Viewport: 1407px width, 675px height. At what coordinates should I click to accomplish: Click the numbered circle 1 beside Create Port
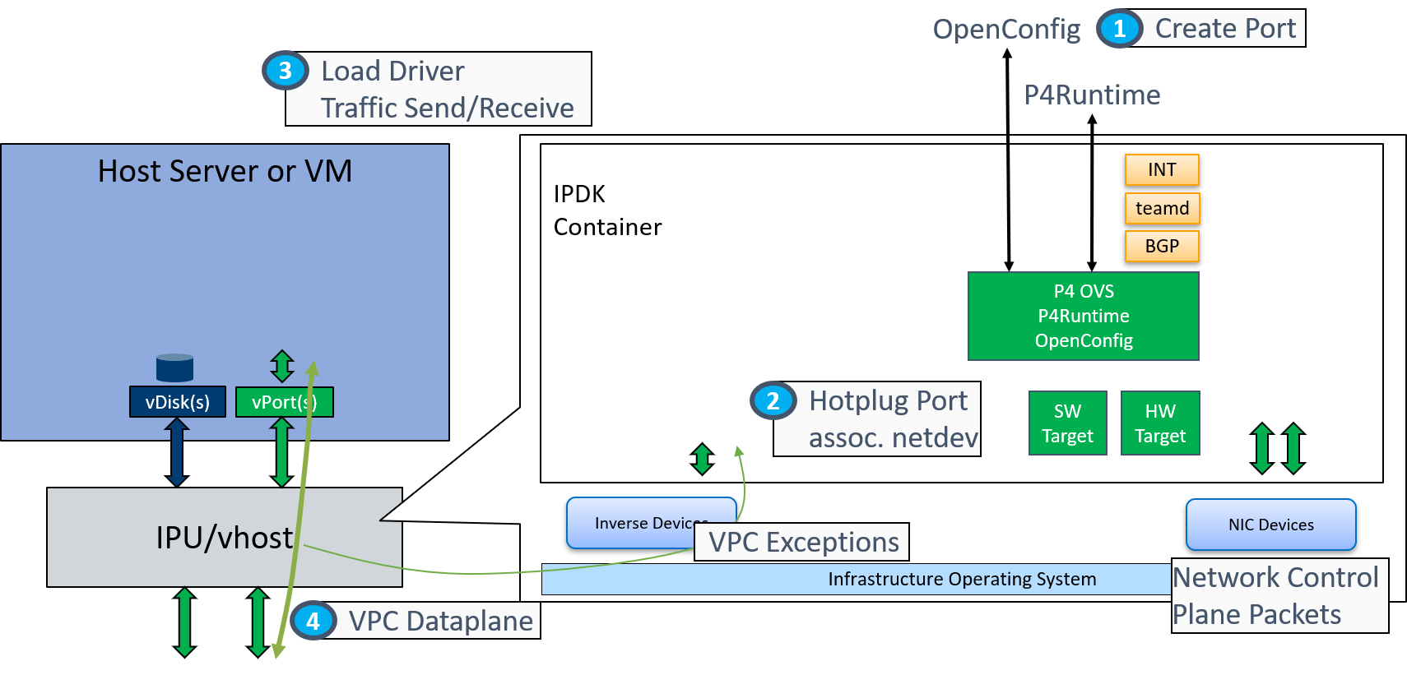1119,29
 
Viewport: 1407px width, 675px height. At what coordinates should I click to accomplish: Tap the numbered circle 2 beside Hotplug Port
773,400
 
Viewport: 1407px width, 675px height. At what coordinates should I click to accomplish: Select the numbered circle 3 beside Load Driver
285,71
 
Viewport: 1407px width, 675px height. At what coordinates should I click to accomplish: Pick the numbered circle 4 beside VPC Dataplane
313,621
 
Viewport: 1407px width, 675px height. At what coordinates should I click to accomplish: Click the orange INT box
1162,169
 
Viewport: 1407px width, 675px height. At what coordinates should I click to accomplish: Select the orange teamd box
1162,208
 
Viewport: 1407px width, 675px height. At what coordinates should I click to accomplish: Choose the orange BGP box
1162,246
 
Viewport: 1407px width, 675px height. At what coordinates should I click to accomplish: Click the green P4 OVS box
1083,316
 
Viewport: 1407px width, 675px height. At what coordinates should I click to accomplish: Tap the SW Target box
1067,423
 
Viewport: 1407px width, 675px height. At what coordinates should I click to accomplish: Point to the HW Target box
1160,423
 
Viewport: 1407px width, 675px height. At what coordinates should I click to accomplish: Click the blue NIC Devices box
1270,525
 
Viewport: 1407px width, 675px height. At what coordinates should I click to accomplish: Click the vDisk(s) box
178,402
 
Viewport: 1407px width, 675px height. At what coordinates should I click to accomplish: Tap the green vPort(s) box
284,402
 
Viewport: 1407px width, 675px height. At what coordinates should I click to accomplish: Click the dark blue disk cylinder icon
174,368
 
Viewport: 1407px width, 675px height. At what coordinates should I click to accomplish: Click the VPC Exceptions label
803,543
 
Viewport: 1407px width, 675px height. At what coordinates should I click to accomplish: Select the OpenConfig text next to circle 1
1006,30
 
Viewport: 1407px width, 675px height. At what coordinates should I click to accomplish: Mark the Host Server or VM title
225,171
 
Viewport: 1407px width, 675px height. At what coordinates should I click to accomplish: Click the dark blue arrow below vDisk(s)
176,451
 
